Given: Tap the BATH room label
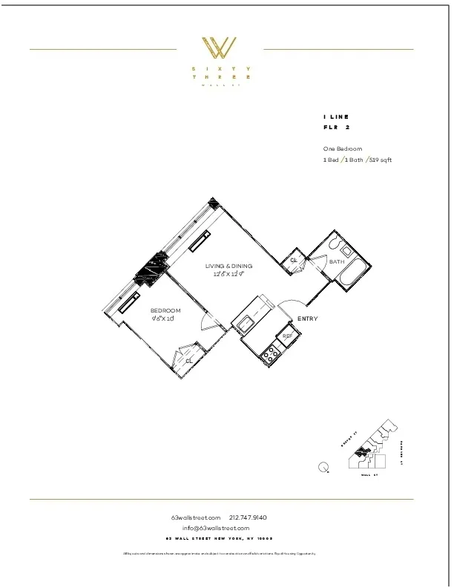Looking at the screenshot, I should [337, 262].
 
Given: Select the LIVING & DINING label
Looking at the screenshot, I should [228, 266].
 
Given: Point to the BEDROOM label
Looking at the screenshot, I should [165, 310].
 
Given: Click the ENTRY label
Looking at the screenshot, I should [308, 319].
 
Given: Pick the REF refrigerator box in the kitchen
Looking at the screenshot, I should [287, 336].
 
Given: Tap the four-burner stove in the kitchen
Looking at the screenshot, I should [270, 355].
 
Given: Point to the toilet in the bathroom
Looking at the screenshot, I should [334, 243].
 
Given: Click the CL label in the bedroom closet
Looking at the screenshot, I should [189, 361].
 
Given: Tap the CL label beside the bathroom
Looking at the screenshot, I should [294, 260].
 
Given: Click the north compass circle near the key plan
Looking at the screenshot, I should [323, 467].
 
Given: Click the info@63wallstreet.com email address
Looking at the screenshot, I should [220, 528].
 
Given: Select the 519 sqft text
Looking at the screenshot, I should [379, 160].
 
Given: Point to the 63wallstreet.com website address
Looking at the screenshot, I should [196, 517].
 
